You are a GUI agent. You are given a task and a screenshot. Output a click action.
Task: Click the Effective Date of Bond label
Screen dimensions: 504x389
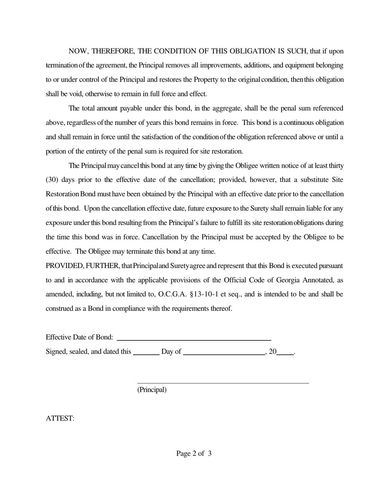(x=79, y=337)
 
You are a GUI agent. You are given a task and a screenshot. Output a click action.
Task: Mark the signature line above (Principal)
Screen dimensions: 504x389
(x=223, y=383)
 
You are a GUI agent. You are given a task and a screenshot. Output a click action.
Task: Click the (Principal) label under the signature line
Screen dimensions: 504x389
(x=152, y=390)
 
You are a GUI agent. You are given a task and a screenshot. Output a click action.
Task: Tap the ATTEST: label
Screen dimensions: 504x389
(x=60, y=418)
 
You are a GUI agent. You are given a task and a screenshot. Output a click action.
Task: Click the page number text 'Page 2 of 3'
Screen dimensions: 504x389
(x=194, y=453)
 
